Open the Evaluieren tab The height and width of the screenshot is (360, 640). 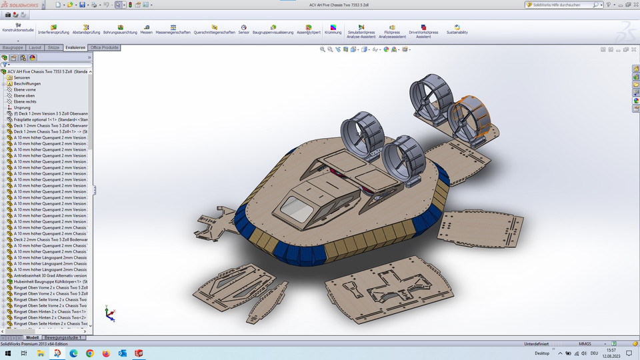point(75,48)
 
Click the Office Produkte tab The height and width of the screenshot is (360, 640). point(105,48)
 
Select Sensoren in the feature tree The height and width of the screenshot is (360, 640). point(21,77)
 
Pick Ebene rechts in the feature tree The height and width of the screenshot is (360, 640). point(25,101)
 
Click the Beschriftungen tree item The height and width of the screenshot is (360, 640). point(27,83)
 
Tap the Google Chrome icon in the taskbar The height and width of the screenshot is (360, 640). point(89,353)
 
